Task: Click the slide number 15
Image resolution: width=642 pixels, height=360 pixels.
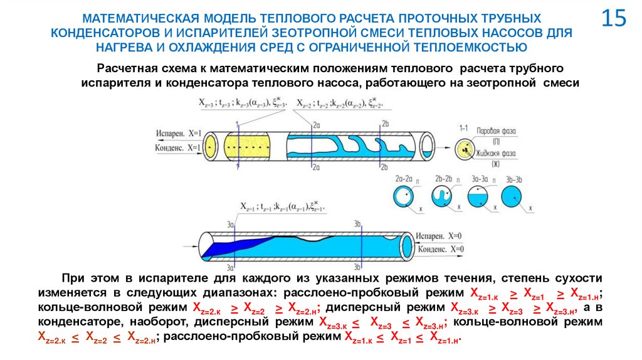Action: (x=614, y=18)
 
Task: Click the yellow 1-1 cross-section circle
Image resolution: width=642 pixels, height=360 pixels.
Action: (x=464, y=148)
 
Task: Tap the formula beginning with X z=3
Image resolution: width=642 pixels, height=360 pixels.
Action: (x=242, y=102)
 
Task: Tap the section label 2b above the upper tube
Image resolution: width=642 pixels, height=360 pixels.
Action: (x=386, y=123)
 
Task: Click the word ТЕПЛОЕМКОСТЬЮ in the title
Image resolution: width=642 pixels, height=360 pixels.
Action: (x=481, y=46)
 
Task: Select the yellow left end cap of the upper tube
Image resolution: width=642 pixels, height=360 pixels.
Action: (x=209, y=146)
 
